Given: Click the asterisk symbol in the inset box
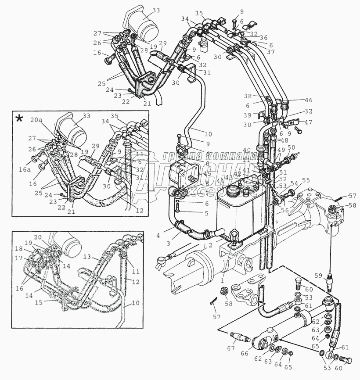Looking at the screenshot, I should pos(20,118).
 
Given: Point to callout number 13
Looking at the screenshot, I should pos(87,257).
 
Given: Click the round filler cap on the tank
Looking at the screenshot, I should pos(232,191).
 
